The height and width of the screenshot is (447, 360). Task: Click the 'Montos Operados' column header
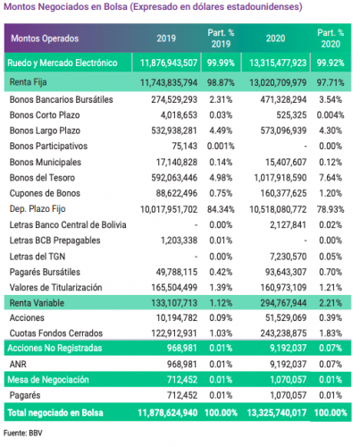click(x=45, y=38)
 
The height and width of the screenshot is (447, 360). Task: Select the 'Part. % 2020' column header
click(x=331, y=38)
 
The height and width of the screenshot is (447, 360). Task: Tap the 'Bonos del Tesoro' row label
click(x=42, y=178)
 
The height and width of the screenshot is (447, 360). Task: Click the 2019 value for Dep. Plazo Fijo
click(x=169, y=209)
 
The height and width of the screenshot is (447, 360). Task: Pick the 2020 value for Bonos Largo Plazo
click(x=283, y=131)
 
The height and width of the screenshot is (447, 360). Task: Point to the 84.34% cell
click(x=221, y=209)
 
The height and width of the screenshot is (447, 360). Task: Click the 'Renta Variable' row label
click(x=37, y=303)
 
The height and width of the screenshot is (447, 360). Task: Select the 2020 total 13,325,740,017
click(x=277, y=413)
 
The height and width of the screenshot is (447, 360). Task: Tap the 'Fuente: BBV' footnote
click(x=23, y=433)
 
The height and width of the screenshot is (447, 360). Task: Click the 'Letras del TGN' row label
click(x=38, y=257)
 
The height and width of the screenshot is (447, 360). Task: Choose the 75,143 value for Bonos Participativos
click(x=185, y=146)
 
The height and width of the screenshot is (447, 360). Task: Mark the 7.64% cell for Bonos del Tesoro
click(x=331, y=178)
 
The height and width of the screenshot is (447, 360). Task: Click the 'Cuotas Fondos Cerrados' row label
click(x=56, y=333)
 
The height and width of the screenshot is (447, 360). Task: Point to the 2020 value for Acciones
click(x=286, y=318)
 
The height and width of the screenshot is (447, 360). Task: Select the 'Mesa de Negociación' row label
click(x=48, y=380)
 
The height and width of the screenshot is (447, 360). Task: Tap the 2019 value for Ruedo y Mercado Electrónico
click(x=169, y=63)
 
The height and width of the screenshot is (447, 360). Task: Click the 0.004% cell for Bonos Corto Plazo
click(x=331, y=115)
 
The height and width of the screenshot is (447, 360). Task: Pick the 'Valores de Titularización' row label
click(x=55, y=287)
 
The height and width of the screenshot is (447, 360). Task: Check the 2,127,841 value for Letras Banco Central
click(x=288, y=224)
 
